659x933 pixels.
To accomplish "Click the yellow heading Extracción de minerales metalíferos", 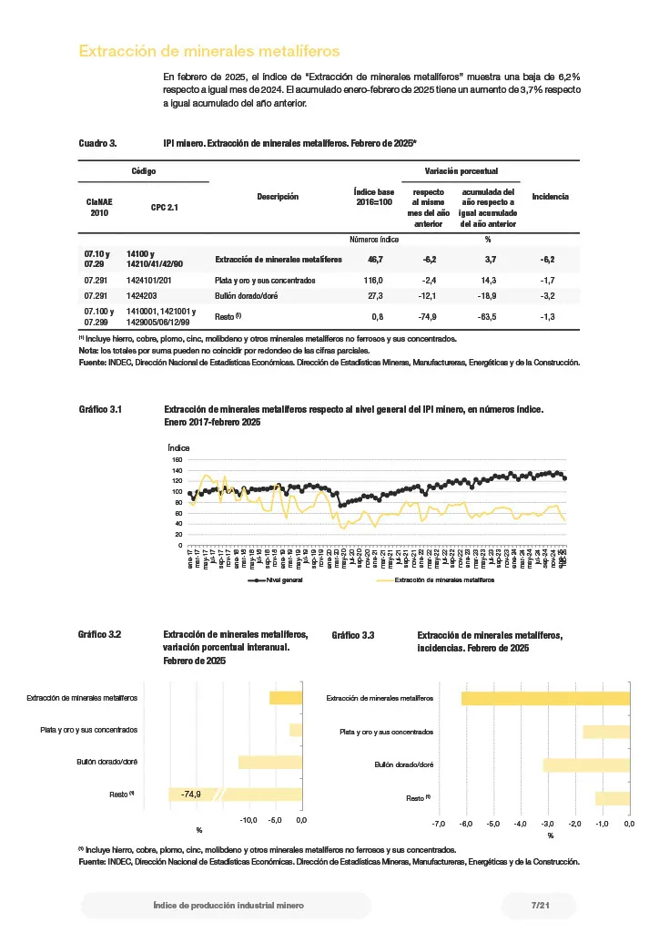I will tap(209, 52).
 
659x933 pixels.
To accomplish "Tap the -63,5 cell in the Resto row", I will tap(489, 316).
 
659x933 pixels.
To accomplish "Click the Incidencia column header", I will tap(550, 197).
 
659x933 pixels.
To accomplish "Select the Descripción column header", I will tap(278, 197).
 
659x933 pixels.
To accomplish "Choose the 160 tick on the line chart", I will tap(177, 460).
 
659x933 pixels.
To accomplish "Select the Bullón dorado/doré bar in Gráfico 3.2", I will tap(269, 763).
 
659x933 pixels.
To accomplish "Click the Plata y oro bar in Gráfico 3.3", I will tap(606, 732).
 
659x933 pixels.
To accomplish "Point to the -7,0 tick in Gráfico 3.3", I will tap(438, 824).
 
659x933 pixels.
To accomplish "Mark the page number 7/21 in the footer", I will tap(540, 906).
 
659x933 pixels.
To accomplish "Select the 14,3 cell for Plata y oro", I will tap(489, 281).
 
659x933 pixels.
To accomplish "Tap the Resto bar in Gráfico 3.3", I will tap(612, 798).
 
